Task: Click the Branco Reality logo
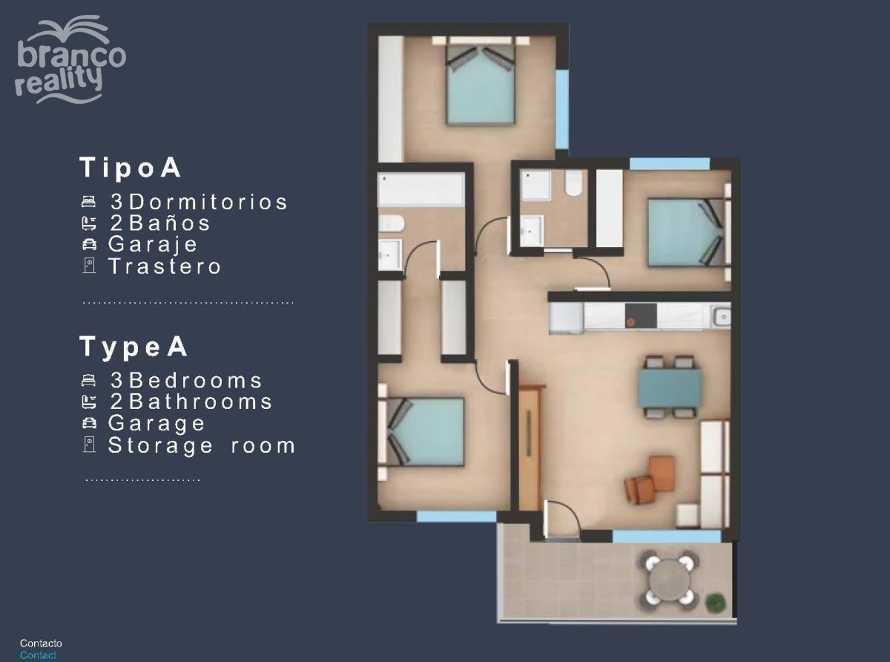(70, 59)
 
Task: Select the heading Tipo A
(131, 168)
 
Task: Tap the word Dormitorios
(208, 202)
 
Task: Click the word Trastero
(165, 266)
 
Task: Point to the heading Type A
(133, 347)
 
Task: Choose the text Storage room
(202, 446)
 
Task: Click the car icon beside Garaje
(89, 244)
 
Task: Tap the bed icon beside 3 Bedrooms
(89, 379)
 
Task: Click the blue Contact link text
(38, 655)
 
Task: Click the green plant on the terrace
(716, 603)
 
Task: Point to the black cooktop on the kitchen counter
(640, 315)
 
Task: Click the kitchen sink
(721, 317)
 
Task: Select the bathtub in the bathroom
(421, 189)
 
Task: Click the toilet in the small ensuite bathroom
(573, 183)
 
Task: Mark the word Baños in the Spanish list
(170, 223)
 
